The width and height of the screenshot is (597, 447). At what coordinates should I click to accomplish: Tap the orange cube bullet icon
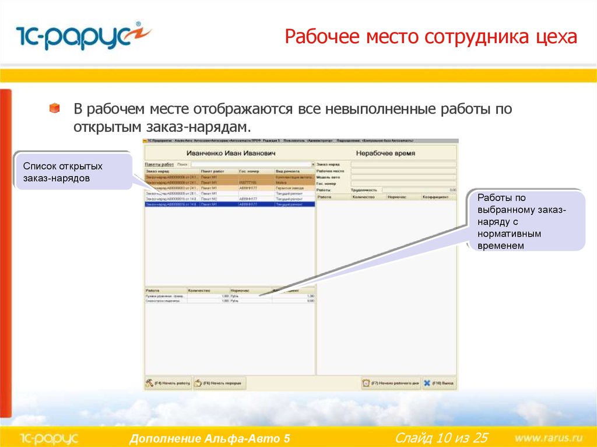pos(54,108)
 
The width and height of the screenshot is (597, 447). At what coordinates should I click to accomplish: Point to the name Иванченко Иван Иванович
pos(230,153)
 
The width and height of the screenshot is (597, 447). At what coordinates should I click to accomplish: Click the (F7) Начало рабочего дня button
pos(391,383)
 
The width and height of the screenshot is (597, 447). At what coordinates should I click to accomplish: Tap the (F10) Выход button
pos(439,383)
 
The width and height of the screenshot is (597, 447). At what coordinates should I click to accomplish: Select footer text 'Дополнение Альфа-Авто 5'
pos(210,438)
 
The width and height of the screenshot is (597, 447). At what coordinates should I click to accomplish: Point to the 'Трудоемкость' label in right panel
pos(364,190)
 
